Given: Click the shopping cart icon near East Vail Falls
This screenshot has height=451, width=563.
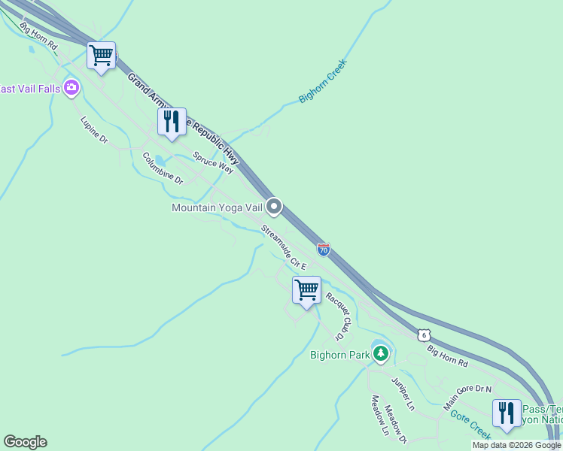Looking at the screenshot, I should coord(101,56).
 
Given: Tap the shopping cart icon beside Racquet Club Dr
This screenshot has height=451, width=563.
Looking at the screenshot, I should coord(306,290).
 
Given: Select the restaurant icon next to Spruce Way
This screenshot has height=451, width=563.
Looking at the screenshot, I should coord(172,122).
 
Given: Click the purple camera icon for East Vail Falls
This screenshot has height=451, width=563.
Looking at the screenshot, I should coord(72,88).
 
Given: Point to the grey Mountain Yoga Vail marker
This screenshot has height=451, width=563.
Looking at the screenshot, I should coord(274,206).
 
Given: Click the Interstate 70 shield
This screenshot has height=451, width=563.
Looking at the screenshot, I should coord(323,250).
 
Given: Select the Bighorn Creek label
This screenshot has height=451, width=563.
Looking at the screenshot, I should coord(321,81).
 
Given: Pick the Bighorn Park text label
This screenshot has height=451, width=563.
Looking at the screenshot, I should coord(340,354).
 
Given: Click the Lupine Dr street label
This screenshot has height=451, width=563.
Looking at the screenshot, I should coord(95,130).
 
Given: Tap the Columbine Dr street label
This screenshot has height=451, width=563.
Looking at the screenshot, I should coord(163,168).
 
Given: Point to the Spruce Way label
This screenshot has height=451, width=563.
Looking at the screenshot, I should coord(213,161).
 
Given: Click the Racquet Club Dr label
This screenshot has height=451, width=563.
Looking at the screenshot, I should coord(339,316).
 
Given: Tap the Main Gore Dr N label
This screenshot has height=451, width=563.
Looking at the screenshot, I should coord(467,394).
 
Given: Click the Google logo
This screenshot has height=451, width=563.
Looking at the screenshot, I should coord(25,442).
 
